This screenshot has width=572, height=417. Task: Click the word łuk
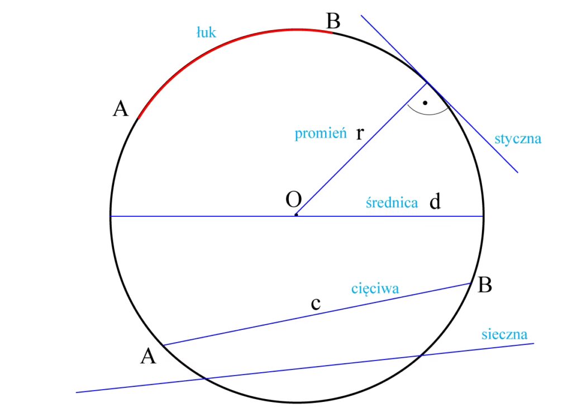[207, 32]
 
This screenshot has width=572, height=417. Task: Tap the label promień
[321, 133]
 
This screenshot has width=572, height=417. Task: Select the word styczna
[518, 139]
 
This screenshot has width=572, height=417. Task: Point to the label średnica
[392, 202]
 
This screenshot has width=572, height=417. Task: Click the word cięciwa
[375, 289]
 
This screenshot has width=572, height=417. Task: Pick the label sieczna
[504, 334]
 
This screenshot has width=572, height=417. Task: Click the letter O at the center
[294, 200]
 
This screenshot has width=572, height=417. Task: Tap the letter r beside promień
[360, 133]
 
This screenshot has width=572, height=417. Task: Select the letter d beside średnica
[435, 201]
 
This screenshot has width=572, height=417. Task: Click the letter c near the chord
[316, 304]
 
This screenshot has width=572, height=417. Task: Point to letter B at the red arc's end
[333, 21]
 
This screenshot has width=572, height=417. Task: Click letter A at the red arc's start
[121, 108]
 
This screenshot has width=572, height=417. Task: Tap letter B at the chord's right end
[485, 285]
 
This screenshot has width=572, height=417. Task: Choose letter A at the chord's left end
[148, 356]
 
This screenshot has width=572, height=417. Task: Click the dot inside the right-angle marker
[425, 103]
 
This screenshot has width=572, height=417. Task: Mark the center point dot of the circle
[296, 215]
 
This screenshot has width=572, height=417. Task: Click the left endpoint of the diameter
[111, 216]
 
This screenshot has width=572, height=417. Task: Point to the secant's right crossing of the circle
[422, 355]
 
